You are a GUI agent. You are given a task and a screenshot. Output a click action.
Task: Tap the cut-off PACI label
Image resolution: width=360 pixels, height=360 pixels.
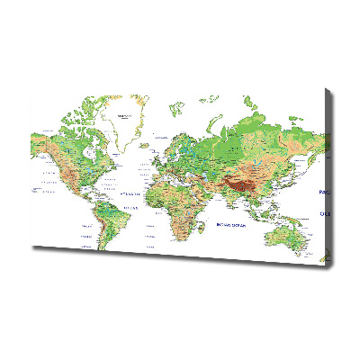(x=324, y=193)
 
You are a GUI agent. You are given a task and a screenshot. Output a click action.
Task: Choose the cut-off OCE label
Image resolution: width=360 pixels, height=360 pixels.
(x=326, y=214)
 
